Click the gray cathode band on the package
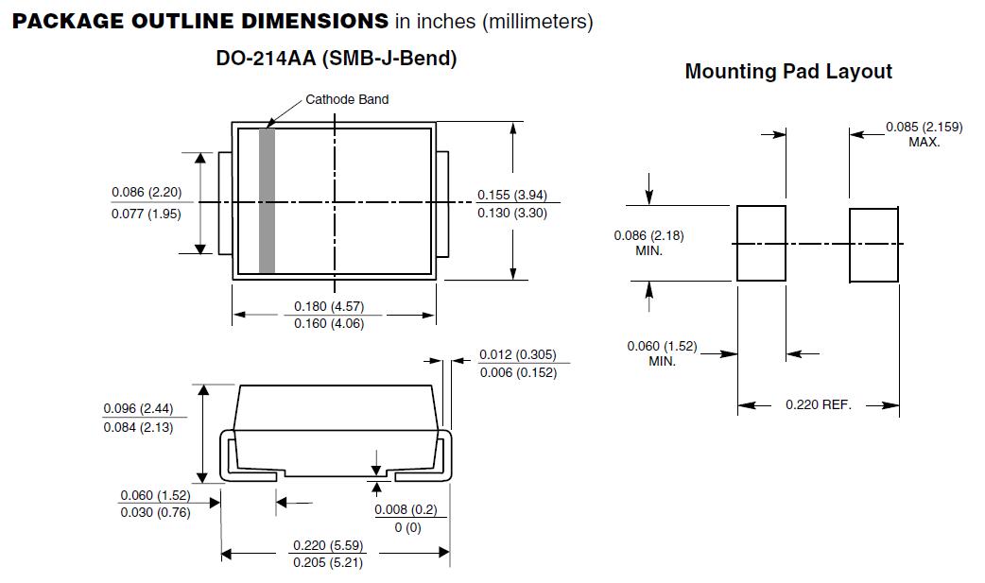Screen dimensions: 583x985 [267, 200]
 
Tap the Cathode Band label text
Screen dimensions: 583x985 [346, 99]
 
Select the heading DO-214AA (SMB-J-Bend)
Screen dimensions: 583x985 [336, 59]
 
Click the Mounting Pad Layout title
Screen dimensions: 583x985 [788, 72]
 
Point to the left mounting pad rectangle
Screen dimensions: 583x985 [761, 243]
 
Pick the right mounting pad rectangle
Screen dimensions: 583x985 [873, 245]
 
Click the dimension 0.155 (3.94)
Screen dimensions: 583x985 [511, 195]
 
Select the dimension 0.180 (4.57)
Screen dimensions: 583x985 [328, 306]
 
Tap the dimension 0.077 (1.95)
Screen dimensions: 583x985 [147, 214]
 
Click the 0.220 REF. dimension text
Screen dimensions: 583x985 [818, 404]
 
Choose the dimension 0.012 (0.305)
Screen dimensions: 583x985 [517, 355]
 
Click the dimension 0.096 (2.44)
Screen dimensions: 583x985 [138, 409]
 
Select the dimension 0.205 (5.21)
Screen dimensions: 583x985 [327, 563]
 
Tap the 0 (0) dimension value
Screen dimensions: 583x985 [406, 527]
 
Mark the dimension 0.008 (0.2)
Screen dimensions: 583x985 [406, 510]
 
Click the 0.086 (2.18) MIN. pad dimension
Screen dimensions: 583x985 [648, 243]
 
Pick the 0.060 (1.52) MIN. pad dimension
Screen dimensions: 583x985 [662, 353]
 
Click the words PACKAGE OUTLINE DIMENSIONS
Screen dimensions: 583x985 [199, 22]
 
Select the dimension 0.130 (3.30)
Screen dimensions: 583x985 [511, 213]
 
